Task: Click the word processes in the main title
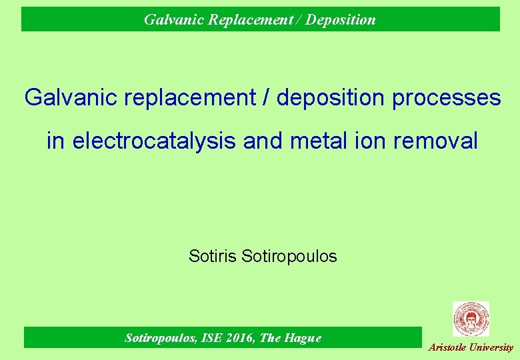click(447, 98)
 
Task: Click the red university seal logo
click(471, 319)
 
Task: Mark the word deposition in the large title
click(331, 98)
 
